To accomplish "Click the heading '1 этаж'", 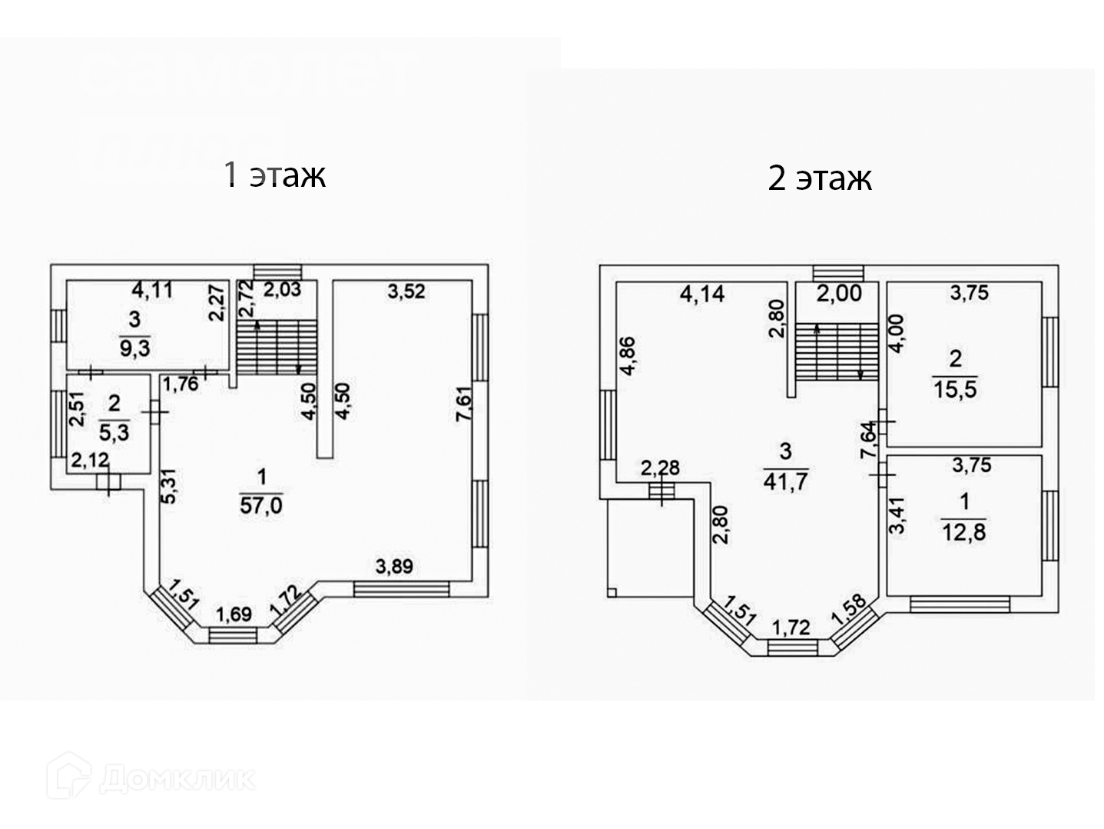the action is [x=274, y=175].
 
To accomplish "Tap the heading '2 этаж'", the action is [x=820, y=178].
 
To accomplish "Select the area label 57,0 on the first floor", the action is [x=261, y=505].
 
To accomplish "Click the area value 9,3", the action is [x=134, y=348].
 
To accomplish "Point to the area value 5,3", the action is [x=114, y=431].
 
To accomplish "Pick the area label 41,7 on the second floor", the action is [x=784, y=481].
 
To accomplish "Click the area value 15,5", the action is [x=955, y=389].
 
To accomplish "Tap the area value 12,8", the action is [x=963, y=531].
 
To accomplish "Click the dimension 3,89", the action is [x=394, y=567].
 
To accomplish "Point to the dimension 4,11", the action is [x=153, y=290].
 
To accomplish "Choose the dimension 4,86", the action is [x=627, y=356].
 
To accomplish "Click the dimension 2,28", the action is [x=660, y=467].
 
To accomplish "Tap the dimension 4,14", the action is [x=702, y=294].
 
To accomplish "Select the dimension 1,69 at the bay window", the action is [x=234, y=614].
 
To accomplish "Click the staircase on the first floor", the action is [x=277, y=347].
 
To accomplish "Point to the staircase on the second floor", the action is [x=836, y=351].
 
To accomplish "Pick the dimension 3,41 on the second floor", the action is [x=897, y=514].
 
